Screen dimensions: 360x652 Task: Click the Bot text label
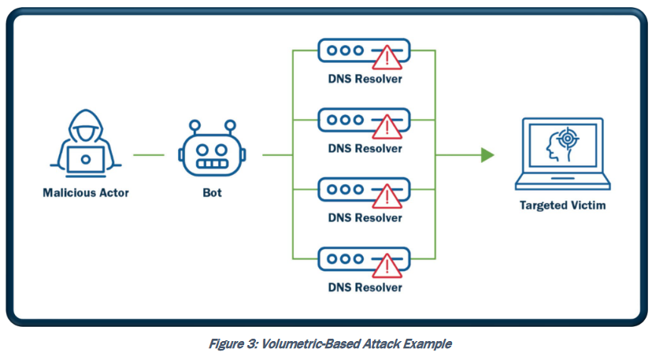click(x=209, y=191)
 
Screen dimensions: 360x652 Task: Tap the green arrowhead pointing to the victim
click(x=487, y=154)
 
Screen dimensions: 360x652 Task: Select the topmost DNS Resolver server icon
click(x=364, y=51)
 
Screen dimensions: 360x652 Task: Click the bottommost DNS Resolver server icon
click(x=364, y=259)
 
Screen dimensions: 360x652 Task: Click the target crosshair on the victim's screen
click(x=566, y=139)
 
